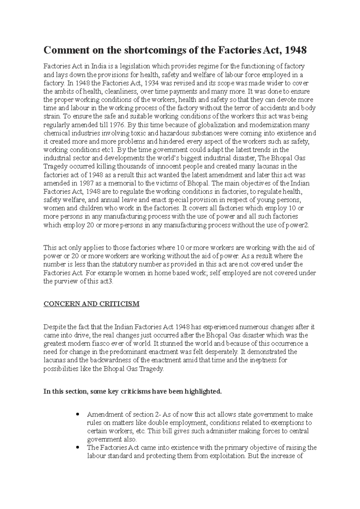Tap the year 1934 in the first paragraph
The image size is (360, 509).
(x=160, y=83)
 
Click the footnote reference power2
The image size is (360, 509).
(x=298, y=225)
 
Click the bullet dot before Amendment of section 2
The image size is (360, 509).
(x=78, y=415)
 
